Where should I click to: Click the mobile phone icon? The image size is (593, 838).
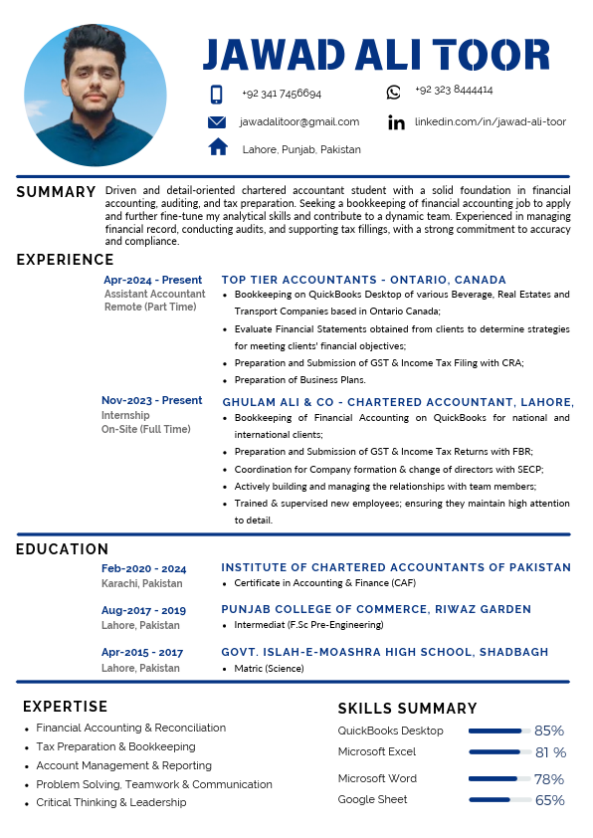(x=216, y=95)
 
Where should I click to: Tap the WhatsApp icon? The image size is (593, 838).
(x=394, y=93)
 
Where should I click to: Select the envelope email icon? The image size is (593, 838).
(x=217, y=122)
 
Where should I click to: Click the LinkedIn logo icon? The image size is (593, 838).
(x=396, y=122)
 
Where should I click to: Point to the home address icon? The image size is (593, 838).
(x=218, y=147)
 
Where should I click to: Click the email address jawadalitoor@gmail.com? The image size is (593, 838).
(x=299, y=121)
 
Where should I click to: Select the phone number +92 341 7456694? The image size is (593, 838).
(x=282, y=94)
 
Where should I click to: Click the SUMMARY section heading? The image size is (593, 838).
(x=56, y=191)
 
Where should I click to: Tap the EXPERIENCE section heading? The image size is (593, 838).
(x=65, y=260)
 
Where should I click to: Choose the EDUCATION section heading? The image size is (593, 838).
(x=62, y=548)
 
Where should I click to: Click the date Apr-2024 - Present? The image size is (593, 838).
(x=152, y=280)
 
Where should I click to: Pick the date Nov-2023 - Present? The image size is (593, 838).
(x=151, y=400)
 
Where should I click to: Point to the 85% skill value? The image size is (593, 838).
(x=549, y=731)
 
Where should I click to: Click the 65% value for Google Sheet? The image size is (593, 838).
(x=549, y=800)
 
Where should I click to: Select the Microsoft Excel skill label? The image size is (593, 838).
(x=377, y=751)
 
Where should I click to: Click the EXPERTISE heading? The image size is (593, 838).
(x=65, y=707)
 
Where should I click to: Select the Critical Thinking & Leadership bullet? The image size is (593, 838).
(x=111, y=802)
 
